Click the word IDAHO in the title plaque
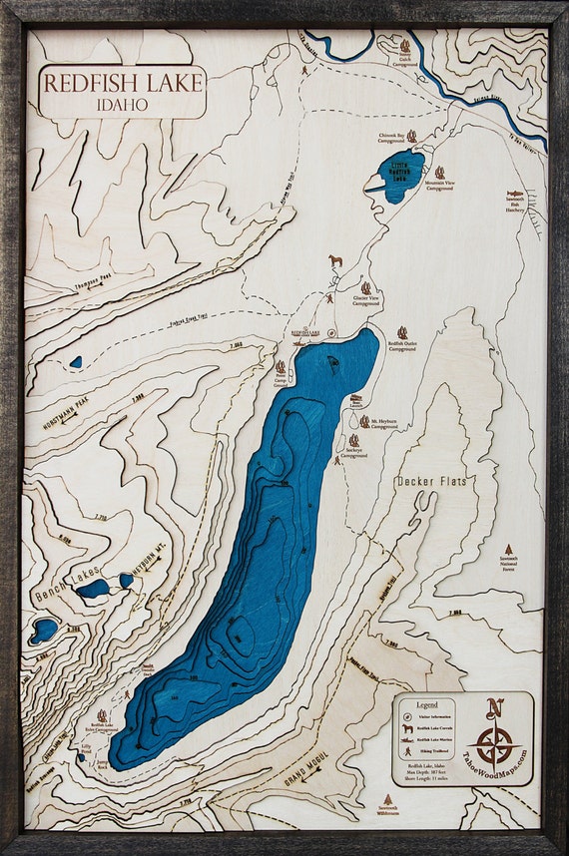point(122,103)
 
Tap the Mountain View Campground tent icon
point(439,172)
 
